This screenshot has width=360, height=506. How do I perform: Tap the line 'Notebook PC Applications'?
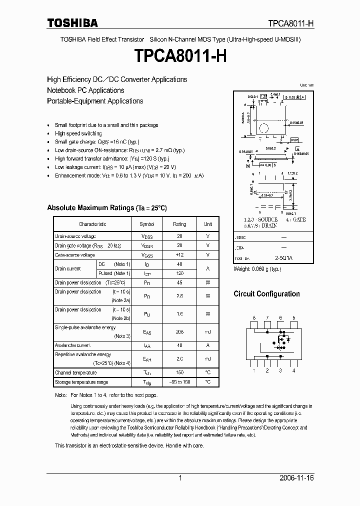pos(85,90)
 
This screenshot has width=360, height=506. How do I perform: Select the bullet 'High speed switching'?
pos(78,133)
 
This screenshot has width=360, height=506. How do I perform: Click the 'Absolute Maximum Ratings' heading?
pos(106,207)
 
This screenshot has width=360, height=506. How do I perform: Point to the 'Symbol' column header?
pos(147,224)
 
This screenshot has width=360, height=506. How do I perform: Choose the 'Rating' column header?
pos(179,224)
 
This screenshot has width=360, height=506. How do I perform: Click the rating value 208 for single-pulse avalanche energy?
pos(179,331)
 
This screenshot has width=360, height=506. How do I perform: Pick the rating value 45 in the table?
pos(179,283)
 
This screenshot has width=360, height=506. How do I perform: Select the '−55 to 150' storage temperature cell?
pos(179,382)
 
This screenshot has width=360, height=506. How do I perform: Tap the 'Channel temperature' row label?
pos(75,372)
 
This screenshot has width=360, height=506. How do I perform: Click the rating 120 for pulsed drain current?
pos(179,273)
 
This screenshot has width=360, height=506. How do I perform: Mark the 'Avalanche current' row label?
pos(72,345)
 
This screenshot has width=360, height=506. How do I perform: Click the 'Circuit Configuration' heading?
pos(266,294)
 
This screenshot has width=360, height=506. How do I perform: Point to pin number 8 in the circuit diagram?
pos(254,317)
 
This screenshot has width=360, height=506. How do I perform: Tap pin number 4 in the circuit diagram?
pos(293,370)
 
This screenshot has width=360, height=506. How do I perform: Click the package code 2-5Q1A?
pos(283,258)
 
